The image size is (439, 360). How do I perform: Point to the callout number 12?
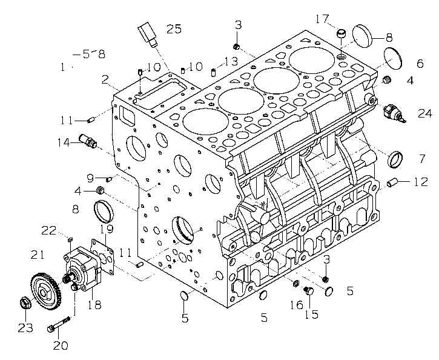click(x=420, y=181)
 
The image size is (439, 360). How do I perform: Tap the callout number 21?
click(x=38, y=254)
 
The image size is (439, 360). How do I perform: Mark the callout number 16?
click(x=295, y=305)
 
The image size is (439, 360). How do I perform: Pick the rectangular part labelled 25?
click(x=147, y=33)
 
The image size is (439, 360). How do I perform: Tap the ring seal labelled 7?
click(x=395, y=160)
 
